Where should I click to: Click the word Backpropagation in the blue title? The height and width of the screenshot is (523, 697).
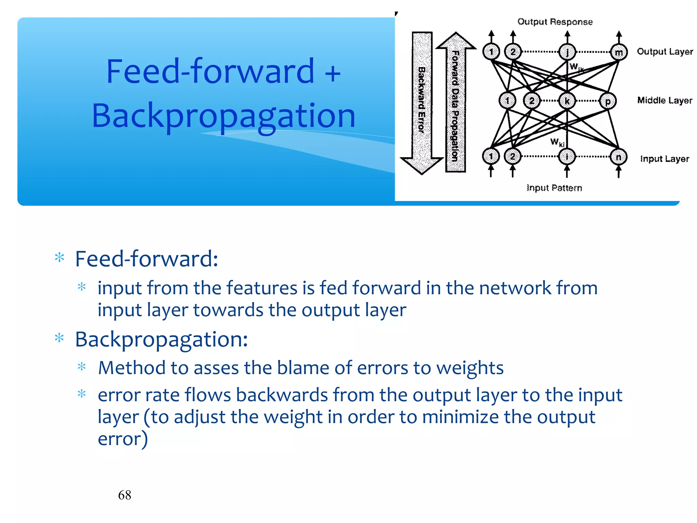coord(224,116)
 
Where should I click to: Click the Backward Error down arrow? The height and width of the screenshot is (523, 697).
coord(422,102)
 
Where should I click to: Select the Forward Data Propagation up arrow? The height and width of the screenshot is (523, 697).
coord(455,102)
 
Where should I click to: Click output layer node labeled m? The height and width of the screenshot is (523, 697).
coord(619,52)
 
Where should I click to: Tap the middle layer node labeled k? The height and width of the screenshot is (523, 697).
coord(567,101)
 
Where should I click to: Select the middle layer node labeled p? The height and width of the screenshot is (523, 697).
coord(608,101)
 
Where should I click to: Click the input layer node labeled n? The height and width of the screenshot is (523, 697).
coord(619,157)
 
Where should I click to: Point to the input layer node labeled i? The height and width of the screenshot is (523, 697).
coord(567,157)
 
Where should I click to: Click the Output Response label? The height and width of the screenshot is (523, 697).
coord(555,22)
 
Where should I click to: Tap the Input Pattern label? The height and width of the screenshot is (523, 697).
coord(554,188)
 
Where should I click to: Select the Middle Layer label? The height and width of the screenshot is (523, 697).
coord(664,100)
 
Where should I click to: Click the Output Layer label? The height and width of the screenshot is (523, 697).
coord(665,52)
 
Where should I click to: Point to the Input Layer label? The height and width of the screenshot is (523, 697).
coord(664,159)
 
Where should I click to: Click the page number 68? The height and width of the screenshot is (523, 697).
coord(125,495)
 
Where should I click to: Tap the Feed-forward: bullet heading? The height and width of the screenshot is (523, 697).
coord(146,259)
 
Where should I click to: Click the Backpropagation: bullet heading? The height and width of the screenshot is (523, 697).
coord(161,339)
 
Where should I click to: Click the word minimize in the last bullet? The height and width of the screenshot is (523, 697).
coord(460,417)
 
